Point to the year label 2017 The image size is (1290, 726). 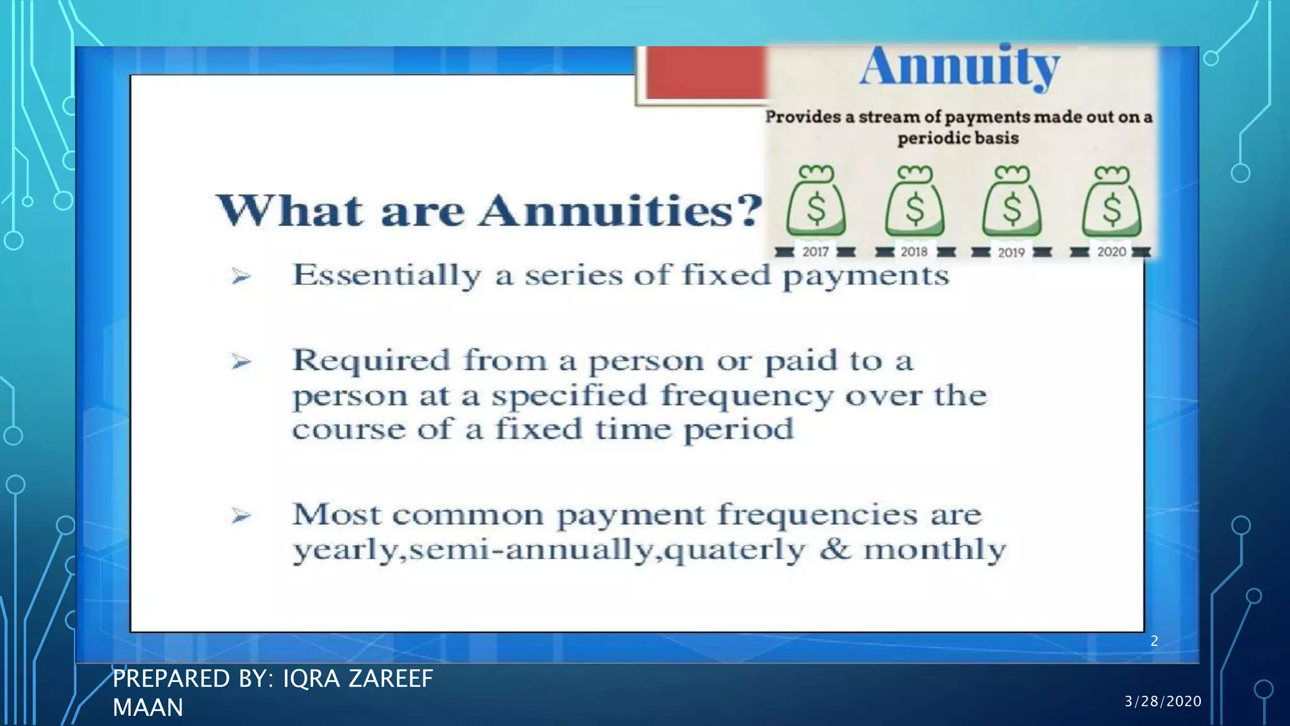point(815,252)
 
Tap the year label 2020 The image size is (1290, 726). point(1111,252)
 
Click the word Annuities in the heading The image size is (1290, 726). point(620,211)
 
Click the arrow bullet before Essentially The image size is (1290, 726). point(241,276)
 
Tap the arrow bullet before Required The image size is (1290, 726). point(241,362)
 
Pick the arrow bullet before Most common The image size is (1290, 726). point(241,516)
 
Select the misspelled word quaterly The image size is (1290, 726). point(734,550)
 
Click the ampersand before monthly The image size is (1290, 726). point(835,549)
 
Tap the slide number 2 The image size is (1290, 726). point(1154,641)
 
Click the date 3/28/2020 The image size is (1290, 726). point(1163,701)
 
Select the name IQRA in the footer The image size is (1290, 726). point(311,679)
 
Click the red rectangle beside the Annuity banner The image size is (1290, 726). point(704,73)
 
